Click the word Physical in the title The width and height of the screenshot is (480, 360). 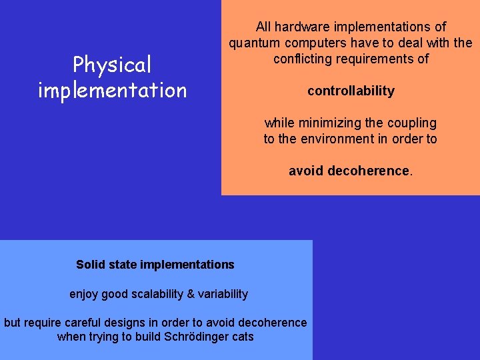pyautogui.click(x=112, y=65)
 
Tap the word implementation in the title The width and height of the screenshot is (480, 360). pyautogui.click(x=112, y=90)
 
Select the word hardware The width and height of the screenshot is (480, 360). pyautogui.click(x=304, y=27)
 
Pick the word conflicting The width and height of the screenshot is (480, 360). pyautogui.click(x=304, y=59)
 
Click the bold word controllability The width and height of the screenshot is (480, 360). pyautogui.click(x=351, y=91)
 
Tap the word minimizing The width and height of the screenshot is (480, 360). pyautogui.click(x=330, y=123)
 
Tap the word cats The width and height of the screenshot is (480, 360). pyautogui.click(x=242, y=337)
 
